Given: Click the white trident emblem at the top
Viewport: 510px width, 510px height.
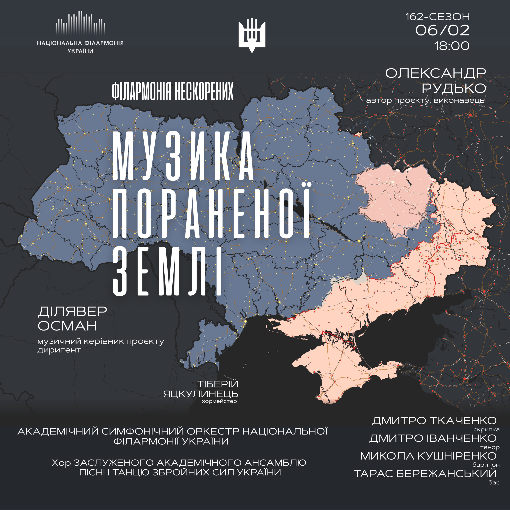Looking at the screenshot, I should point(252,35).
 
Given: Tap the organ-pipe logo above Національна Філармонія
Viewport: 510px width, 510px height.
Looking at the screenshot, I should point(80,24).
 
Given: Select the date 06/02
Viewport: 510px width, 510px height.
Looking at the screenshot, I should point(442,30).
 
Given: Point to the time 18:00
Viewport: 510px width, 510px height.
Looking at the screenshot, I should point(452,46).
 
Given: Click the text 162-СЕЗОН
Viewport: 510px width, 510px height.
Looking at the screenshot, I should point(438,17).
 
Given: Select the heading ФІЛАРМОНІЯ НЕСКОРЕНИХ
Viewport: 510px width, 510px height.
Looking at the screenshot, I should point(173,91).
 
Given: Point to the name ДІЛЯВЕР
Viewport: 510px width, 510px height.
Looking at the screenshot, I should point(72,312).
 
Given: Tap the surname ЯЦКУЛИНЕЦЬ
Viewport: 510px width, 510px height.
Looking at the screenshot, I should point(201,394).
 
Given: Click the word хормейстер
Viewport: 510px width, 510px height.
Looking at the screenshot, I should point(219,401).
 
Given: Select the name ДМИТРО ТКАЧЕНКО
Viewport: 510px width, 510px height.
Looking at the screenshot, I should point(434,421).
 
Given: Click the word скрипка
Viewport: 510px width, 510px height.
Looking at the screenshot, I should point(486,430).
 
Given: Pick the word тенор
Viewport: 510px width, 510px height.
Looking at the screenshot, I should point(490,447).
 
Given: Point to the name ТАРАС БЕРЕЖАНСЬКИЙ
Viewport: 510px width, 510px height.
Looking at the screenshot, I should point(425,474).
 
